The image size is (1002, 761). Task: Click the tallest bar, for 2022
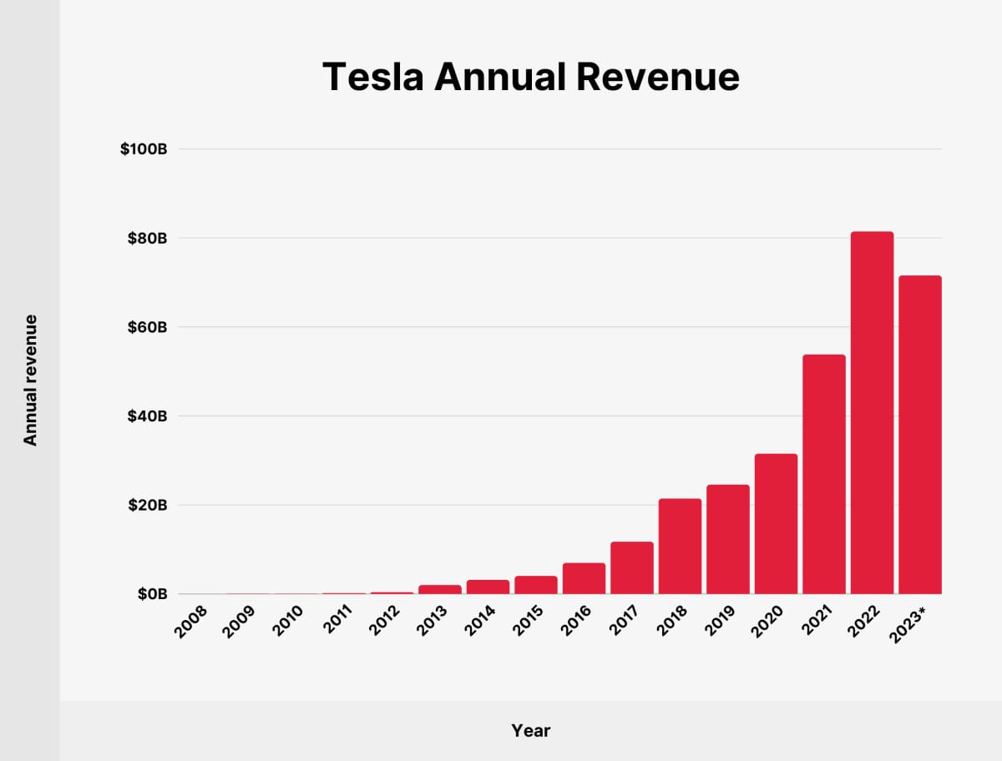[x=872, y=413]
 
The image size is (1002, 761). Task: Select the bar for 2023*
[x=920, y=435]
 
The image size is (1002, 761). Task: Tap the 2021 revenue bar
[x=824, y=474]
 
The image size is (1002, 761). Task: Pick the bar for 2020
[x=776, y=524]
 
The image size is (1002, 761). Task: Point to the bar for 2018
[x=680, y=547]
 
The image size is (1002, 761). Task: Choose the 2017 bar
[x=632, y=568]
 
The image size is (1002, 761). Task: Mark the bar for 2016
[x=584, y=579]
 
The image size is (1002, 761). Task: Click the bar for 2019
[x=728, y=540]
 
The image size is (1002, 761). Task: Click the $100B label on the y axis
[x=144, y=149]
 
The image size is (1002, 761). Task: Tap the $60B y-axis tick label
[x=148, y=327]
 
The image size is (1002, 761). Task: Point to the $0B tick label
[x=151, y=594]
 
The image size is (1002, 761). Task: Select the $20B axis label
[x=148, y=505]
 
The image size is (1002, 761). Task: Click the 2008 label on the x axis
[x=192, y=621]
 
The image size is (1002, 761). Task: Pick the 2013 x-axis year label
[x=433, y=621]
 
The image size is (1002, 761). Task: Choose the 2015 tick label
[x=529, y=621]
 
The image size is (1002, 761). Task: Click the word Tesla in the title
[x=374, y=78]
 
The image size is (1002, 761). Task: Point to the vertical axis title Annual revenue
[x=31, y=380]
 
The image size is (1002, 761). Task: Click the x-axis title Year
[x=531, y=731]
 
